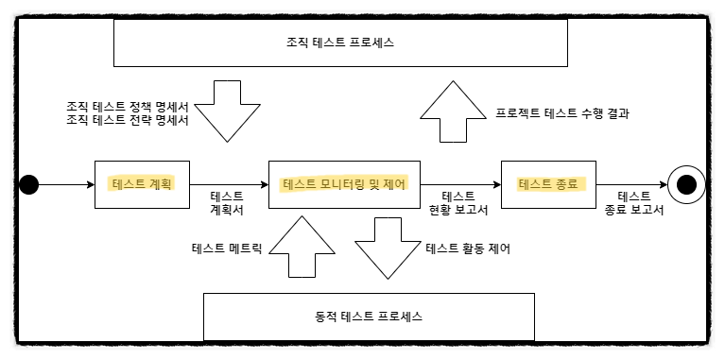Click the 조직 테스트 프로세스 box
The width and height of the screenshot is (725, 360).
(340, 43)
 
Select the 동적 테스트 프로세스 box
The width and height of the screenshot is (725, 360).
(369, 317)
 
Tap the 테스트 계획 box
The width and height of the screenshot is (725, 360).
(142, 184)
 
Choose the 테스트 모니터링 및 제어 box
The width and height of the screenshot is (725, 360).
(344, 184)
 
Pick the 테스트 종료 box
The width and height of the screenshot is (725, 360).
(548, 184)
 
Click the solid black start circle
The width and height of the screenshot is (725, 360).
(28, 185)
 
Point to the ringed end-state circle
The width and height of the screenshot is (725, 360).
(686, 185)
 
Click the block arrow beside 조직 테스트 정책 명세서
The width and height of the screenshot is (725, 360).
(227, 111)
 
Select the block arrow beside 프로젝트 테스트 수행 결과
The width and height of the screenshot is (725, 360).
(453, 111)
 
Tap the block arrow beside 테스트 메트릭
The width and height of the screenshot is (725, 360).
(302, 247)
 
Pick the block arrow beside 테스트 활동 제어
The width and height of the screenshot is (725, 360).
(388, 249)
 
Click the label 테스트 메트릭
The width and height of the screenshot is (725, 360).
(227, 249)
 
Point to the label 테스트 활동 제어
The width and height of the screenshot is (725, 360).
(468, 249)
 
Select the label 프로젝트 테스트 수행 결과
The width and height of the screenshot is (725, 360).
(562, 113)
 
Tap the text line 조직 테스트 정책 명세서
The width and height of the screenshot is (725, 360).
(128, 107)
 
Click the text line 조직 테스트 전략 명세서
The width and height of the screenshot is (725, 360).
(128, 121)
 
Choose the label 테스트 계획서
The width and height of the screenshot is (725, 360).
(227, 203)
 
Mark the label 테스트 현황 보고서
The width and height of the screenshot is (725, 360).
(458, 203)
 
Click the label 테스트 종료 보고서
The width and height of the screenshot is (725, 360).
(634, 203)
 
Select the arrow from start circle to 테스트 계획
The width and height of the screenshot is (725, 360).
(66, 185)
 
